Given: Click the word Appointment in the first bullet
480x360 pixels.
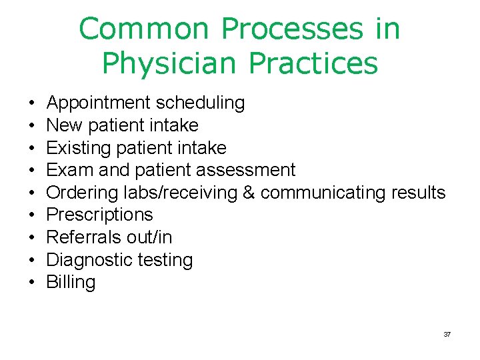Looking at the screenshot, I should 99,103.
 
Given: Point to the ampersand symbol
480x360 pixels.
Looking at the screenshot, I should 249,193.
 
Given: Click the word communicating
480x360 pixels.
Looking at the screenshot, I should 323,193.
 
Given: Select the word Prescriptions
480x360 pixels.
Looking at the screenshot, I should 99,215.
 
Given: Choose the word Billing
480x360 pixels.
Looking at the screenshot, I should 71,282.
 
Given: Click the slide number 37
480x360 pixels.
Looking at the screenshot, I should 447,334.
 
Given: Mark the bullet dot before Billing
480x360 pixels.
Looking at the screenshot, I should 32,283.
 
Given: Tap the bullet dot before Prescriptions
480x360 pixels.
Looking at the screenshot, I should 32,215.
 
